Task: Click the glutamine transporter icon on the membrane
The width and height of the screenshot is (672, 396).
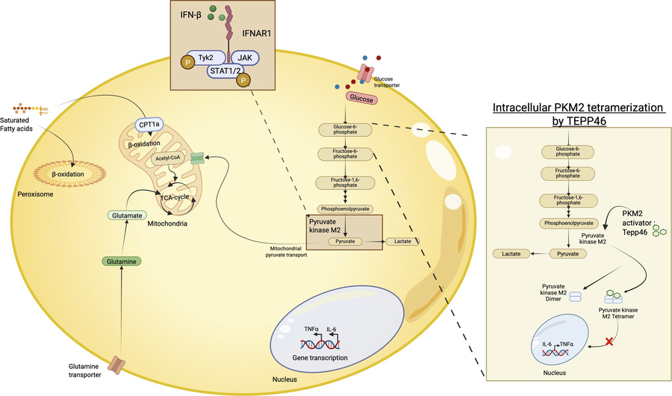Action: (117, 366)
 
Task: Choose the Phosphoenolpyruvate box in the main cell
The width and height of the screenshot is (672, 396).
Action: (344, 208)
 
